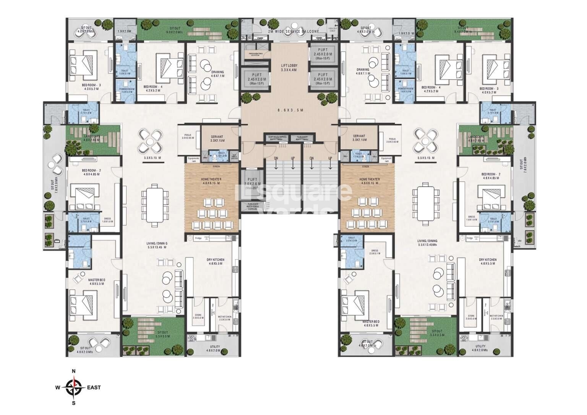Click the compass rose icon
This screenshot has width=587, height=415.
[x=75, y=387]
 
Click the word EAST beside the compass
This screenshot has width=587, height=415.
[x=94, y=387]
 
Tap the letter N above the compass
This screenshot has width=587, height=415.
[x=74, y=371]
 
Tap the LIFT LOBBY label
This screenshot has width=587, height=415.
[x=289, y=66]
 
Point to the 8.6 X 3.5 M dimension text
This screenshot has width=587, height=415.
[x=290, y=110]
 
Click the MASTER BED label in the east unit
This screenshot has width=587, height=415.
[x=371, y=322]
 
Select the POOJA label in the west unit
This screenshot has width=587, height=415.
[x=188, y=135]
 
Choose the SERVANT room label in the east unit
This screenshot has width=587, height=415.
[x=359, y=136]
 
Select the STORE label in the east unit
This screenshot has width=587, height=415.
[x=471, y=316]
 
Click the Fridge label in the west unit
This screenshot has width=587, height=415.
[x=198, y=238]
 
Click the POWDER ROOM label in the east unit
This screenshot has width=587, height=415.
[x=405, y=89]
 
